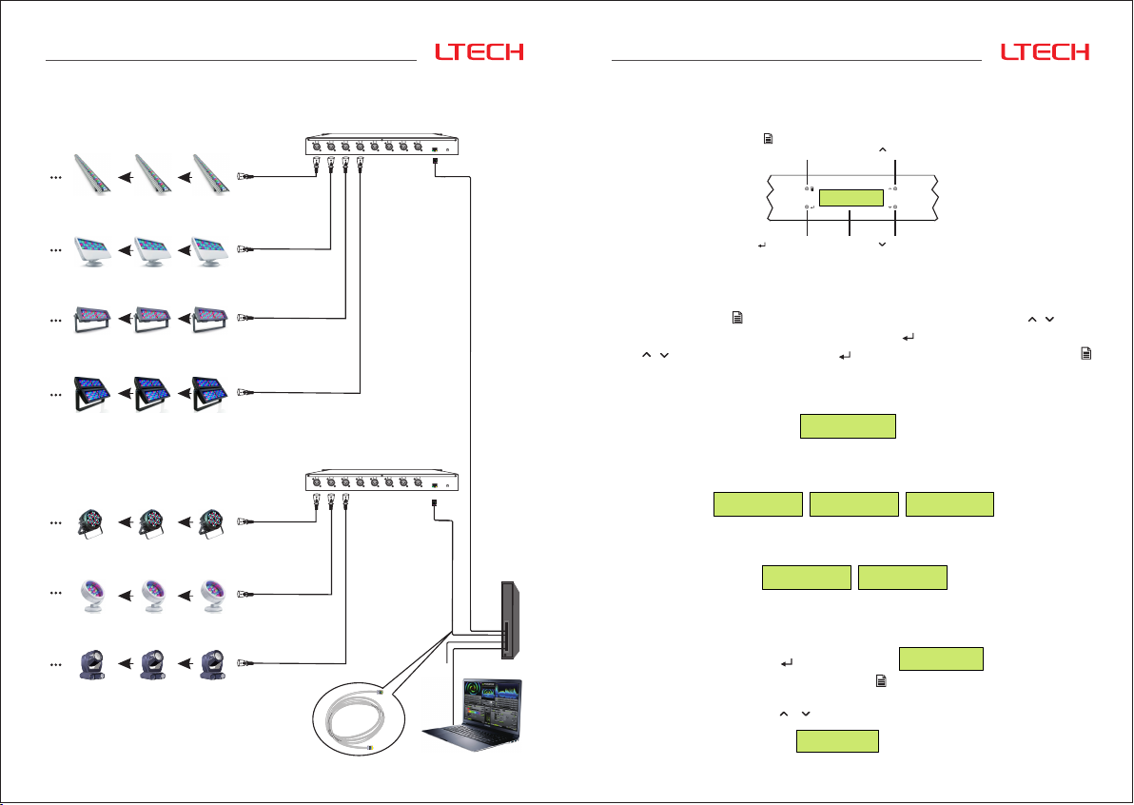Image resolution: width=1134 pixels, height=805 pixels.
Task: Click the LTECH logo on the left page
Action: pyautogui.click(x=479, y=52)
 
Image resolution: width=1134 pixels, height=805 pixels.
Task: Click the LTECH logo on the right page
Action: pyautogui.click(x=1045, y=52)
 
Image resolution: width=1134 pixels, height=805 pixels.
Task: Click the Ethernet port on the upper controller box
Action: pyautogui.click(x=435, y=148)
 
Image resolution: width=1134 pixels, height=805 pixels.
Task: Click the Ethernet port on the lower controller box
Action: pyautogui.click(x=434, y=485)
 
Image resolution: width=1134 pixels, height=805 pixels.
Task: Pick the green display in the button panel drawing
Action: pyautogui.click(x=851, y=198)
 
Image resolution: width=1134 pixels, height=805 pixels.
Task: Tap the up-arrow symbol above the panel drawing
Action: pyautogui.click(x=882, y=149)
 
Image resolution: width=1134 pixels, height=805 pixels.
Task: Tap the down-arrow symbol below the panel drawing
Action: pyautogui.click(x=882, y=245)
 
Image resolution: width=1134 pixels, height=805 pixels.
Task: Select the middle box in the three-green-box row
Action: pyautogui.click(x=853, y=504)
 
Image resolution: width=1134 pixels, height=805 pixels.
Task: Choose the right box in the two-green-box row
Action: pyautogui.click(x=902, y=577)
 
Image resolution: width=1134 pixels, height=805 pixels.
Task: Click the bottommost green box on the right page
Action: pyautogui.click(x=837, y=741)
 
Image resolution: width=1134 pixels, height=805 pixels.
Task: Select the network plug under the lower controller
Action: pyautogui.click(x=434, y=501)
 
